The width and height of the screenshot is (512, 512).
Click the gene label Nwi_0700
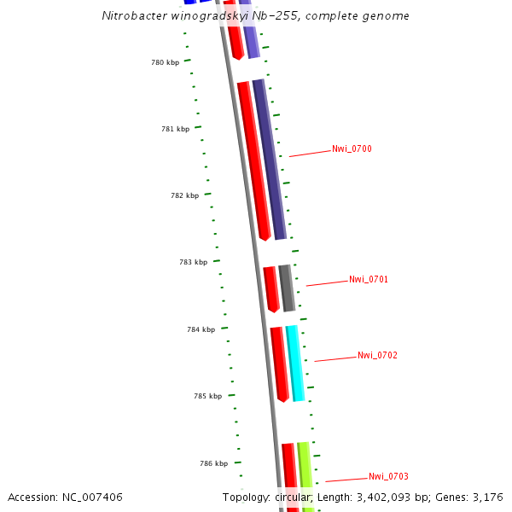coord(352,149)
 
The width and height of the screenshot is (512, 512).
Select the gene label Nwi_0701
coord(369,280)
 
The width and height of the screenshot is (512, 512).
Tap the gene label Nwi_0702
coord(377,355)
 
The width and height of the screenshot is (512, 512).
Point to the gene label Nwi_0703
coord(388,476)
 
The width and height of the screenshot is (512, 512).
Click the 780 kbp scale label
coord(165,62)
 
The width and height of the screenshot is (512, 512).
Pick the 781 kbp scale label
coord(175,129)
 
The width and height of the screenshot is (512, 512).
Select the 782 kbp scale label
coord(184,195)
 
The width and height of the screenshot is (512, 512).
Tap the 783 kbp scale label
coord(193,263)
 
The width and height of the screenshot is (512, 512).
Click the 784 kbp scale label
coord(201,329)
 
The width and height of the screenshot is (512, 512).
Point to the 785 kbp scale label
coord(207,396)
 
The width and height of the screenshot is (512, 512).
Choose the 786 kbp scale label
coord(213,463)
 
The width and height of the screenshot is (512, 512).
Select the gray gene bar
coord(287,288)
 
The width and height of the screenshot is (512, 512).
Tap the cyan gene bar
coord(295,363)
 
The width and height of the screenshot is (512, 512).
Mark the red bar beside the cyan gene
coord(279,364)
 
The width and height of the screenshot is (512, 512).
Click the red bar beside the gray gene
coord(271,288)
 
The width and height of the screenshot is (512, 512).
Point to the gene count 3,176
coord(487,497)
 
